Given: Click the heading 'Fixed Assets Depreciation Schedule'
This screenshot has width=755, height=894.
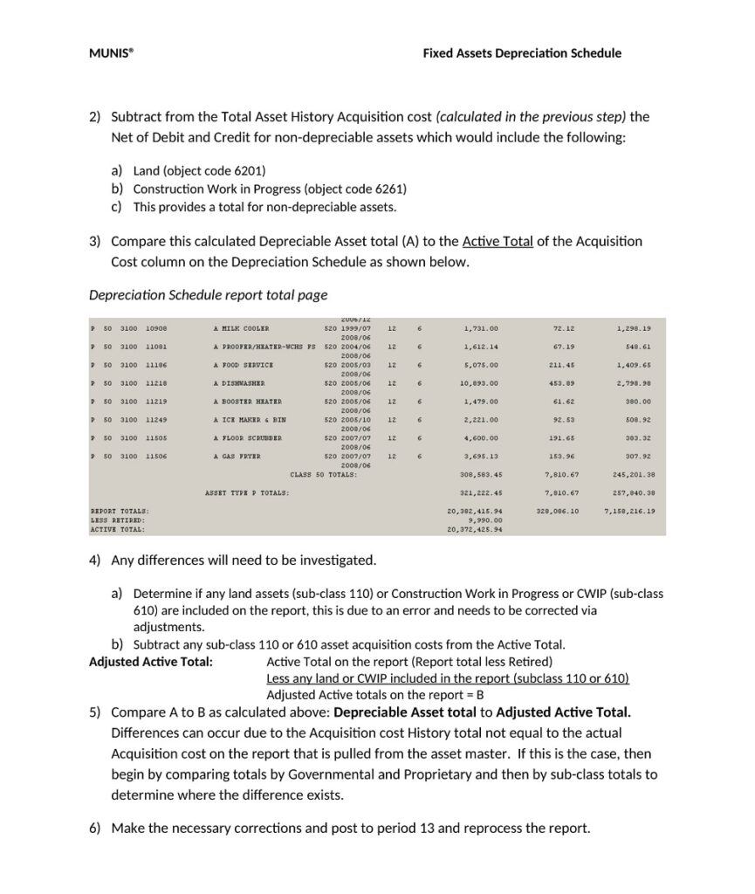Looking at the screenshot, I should point(522,53).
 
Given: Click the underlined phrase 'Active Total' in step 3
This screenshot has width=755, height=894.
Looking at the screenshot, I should point(498,242).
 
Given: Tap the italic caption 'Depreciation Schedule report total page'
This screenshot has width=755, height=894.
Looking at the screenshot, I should point(209,294).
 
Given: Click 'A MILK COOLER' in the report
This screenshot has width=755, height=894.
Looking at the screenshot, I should point(236,329).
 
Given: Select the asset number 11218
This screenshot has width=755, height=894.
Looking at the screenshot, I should point(156,383).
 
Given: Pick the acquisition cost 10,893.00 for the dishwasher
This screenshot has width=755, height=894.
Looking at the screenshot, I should point(480,383).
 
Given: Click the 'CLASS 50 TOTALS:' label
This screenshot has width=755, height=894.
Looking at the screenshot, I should point(323,475).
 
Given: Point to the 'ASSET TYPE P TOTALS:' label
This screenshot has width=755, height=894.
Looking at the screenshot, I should point(247,493).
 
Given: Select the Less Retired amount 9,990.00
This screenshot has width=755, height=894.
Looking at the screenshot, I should point(487,520).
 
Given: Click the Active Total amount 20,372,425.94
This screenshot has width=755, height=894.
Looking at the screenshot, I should point(475,530).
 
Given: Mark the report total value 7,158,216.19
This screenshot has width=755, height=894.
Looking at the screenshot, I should point(629,512).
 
